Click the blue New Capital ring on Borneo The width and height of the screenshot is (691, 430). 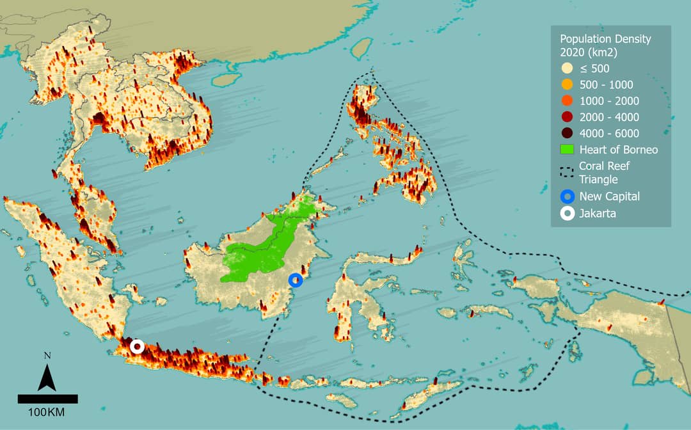point(295,280)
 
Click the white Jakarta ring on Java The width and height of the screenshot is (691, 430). point(136,346)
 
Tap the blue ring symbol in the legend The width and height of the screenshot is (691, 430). point(566,196)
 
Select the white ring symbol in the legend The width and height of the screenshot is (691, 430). point(566,214)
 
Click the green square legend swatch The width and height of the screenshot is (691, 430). point(566,150)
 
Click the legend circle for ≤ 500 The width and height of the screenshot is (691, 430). point(566,68)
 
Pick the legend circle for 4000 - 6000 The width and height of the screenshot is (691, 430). point(566,133)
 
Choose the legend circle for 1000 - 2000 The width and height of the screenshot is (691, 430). point(566,101)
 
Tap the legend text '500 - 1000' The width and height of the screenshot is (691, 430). point(606,84)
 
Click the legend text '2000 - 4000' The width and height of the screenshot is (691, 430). point(609,117)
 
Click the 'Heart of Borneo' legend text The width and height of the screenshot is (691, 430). point(618,150)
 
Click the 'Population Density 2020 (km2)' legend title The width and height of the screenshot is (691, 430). point(605,45)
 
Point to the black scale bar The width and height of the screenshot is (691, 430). point(47,399)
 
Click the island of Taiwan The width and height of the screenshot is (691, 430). point(363,49)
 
